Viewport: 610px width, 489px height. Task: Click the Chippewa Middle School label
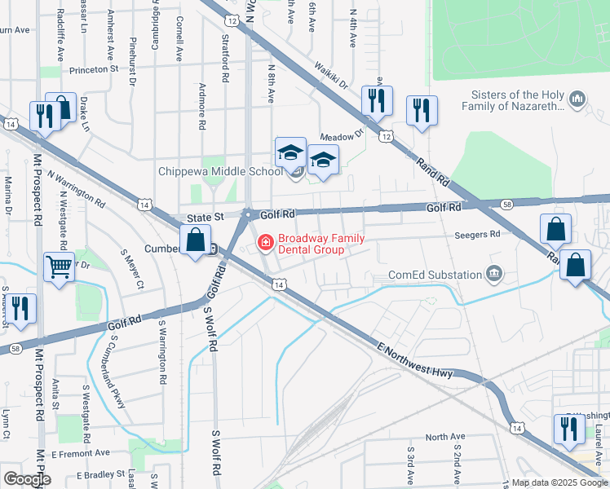point(220,172)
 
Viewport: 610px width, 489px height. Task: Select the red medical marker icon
point(266,243)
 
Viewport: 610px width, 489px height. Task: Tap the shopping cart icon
point(60,265)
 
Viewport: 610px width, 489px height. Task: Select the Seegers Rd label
point(477,234)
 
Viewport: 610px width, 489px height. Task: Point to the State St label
point(205,218)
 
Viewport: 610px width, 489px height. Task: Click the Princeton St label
point(95,70)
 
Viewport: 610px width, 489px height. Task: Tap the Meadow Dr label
point(341,136)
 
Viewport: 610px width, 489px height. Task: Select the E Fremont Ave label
point(80,452)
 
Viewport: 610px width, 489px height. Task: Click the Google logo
point(27,479)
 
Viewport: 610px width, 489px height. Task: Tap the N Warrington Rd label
point(77,187)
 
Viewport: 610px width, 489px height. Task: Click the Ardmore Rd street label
point(201,107)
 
